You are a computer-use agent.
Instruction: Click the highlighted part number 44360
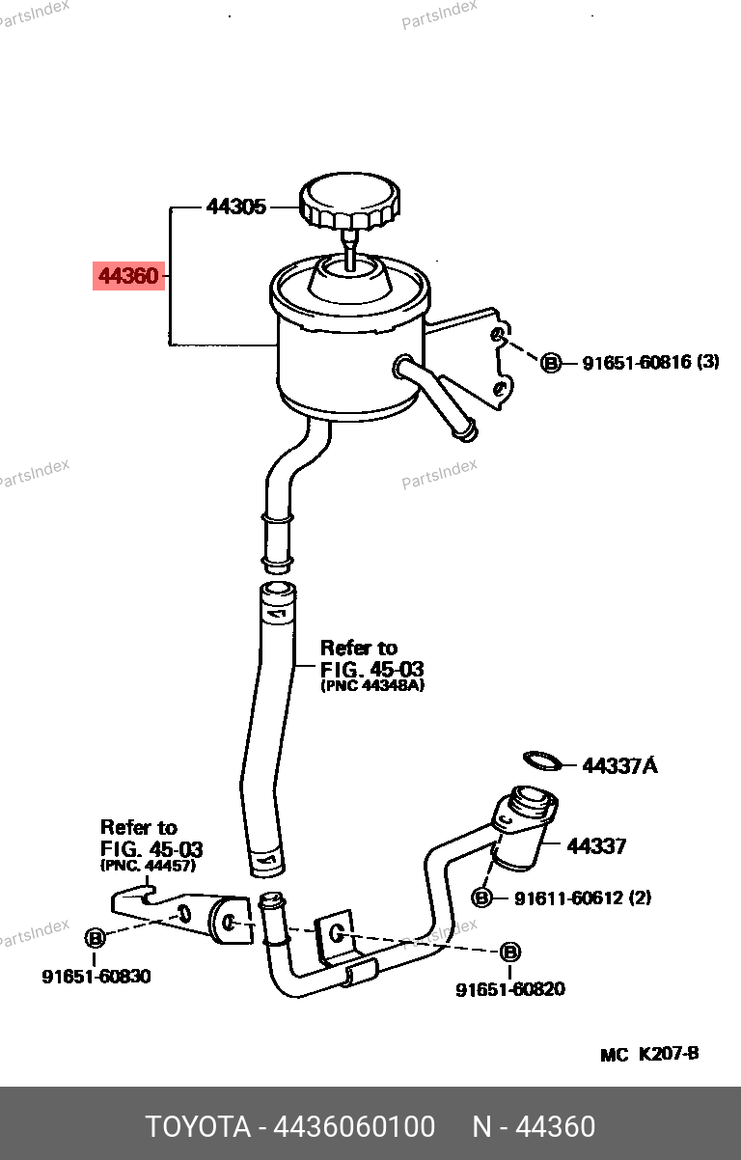click(128, 277)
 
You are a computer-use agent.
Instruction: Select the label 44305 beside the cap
click(235, 207)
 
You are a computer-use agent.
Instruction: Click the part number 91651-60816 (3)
click(650, 363)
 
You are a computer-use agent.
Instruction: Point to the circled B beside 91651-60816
click(550, 363)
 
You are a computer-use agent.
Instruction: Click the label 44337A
click(619, 766)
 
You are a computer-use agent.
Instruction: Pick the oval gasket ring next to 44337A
click(542, 761)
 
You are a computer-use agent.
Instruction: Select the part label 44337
click(596, 846)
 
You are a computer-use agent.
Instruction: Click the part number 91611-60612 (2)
click(582, 898)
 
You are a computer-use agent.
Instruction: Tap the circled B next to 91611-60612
click(481, 898)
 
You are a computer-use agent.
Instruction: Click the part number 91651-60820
click(510, 989)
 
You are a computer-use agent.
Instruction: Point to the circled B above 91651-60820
click(510, 953)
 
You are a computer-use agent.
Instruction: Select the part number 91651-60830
click(96, 977)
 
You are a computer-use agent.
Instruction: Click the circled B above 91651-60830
click(95, 938)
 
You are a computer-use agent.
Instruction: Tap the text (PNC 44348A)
click(372, 685)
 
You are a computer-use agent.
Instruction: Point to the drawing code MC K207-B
click(649, 1054)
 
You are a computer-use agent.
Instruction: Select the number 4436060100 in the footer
click(354, 1126)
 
